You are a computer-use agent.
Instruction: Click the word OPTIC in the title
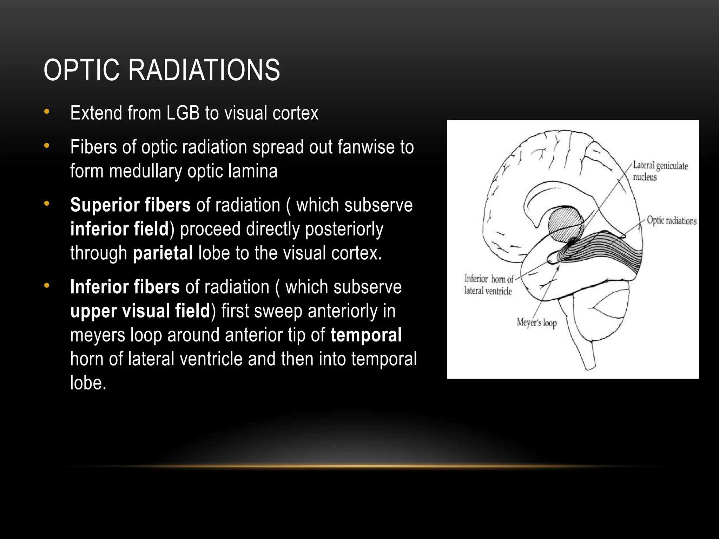coord(81,70)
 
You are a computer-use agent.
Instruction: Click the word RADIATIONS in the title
coord(204,70)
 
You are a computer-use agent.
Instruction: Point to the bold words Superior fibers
coord(130,205)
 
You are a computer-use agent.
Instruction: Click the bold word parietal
coord(163,253)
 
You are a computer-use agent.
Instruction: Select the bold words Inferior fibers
coord(125,287)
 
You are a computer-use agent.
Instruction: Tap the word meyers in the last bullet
coord(97,335)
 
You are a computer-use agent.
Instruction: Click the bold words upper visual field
coord(140,311)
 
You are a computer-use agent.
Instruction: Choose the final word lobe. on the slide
coord(88,383)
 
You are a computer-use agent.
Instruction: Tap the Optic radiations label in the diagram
coord(671,221)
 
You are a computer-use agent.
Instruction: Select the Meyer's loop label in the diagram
coord(536,322)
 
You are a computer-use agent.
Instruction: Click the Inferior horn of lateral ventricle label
coord(488,285)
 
